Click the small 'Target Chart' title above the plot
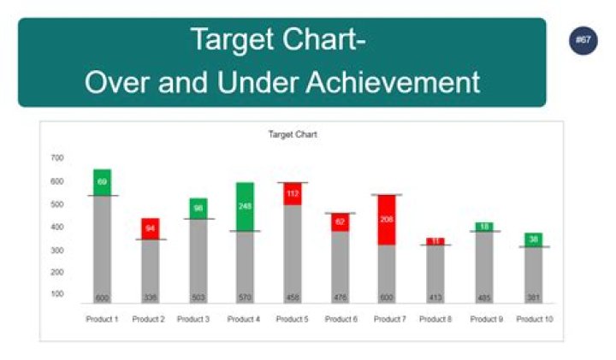293,134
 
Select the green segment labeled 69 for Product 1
102,182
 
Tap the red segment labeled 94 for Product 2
150,228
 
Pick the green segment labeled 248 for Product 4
245,206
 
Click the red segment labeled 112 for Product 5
293,193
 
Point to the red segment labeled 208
388,220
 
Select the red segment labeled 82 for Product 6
340,222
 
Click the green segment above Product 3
198,208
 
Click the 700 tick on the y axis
57,158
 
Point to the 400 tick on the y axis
57,227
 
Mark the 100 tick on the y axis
57,294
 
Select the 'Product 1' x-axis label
101,320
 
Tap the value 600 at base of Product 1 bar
102,298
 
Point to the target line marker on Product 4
245,232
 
